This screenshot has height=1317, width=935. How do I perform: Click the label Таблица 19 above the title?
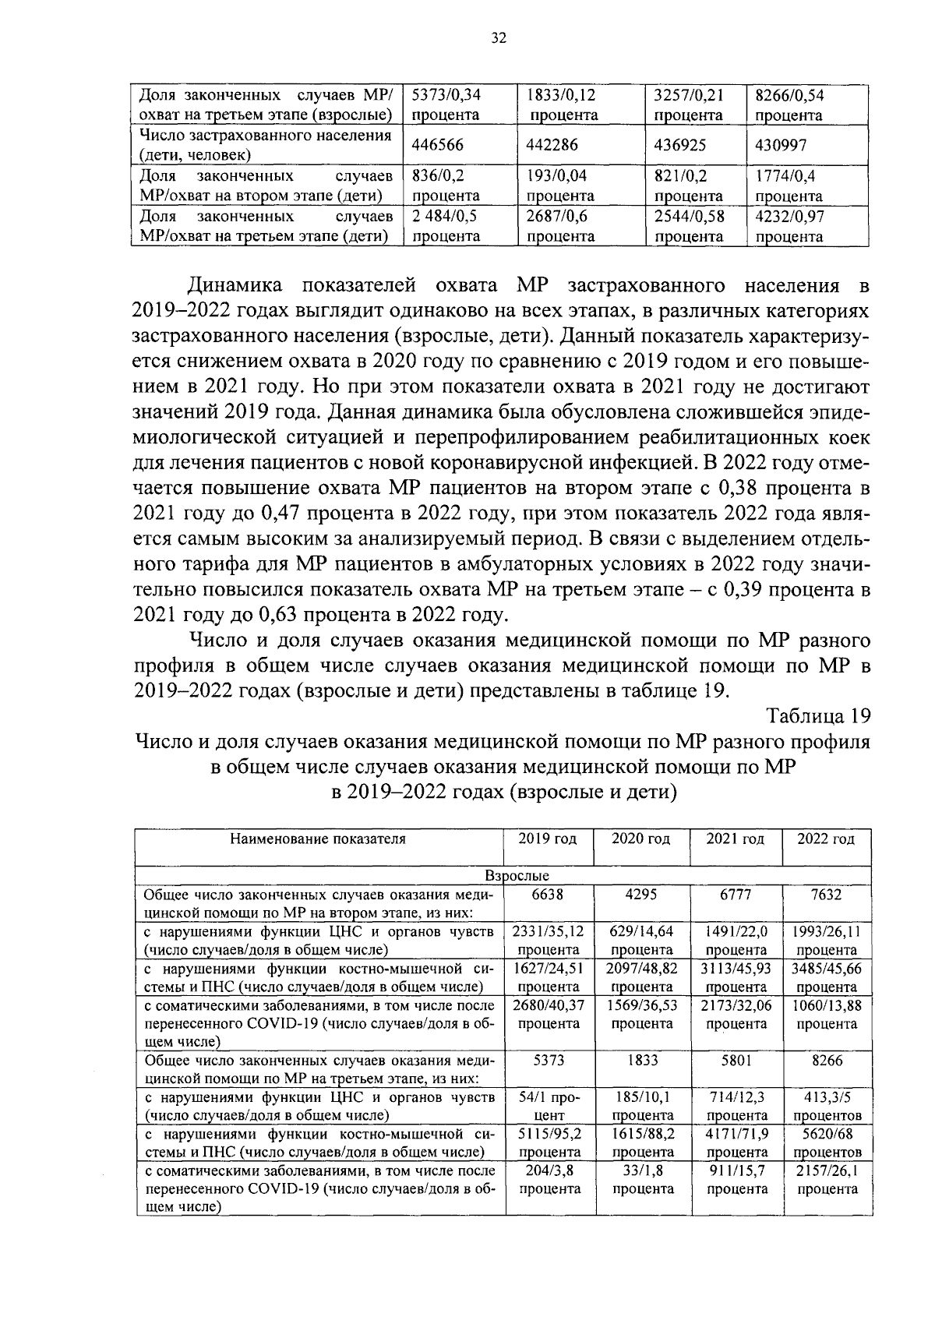pos(817,715)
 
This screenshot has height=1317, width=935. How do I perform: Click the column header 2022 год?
pos(826,839)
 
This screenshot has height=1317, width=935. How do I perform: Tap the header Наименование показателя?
pos(318,839)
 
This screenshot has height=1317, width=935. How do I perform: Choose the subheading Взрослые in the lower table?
pos(517,876)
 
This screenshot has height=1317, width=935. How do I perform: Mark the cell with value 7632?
pos(826,895)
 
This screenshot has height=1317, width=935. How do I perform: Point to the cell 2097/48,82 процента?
pos(641,977)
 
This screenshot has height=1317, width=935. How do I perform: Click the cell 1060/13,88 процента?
pos(826,1014)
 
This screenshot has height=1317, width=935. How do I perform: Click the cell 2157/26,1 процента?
pos(826,1179)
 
